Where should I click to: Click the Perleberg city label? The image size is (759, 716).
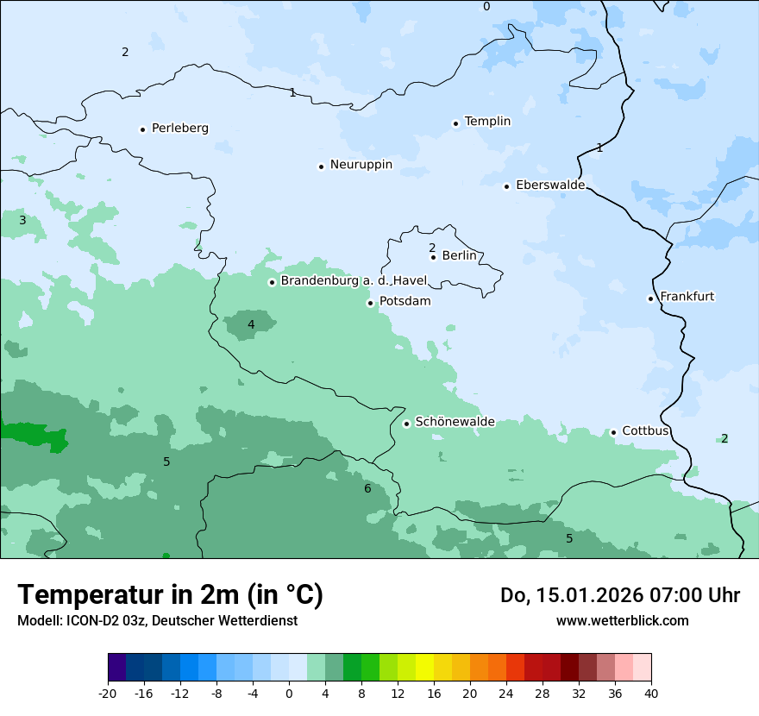tap(179, 129)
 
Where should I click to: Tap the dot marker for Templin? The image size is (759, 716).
tap(455, 122)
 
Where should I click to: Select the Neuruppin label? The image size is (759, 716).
tap(361, 165)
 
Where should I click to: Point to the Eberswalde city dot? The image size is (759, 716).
tap(507, 186)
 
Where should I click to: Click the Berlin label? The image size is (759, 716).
tap(459, 256)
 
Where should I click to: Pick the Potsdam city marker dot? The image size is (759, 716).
tap(371, 303)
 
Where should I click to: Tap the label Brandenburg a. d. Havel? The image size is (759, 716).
tap(354, 281)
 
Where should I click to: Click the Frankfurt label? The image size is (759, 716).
tap(687, 297)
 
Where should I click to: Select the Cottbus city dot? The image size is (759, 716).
tap(613, 432)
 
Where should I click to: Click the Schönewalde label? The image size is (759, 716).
tap(455, 422)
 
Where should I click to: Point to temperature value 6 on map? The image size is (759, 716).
tap(367, 489)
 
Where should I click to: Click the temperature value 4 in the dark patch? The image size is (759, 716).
tap(251, 325)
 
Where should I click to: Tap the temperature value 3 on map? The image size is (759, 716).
tap(22, 221)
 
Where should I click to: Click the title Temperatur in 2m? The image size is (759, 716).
tap(170, 595)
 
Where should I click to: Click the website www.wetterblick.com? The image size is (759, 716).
tap(622, 621)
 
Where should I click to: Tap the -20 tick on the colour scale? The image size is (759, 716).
tap(108, 693)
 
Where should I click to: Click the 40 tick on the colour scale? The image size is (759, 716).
tap(650, 693)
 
